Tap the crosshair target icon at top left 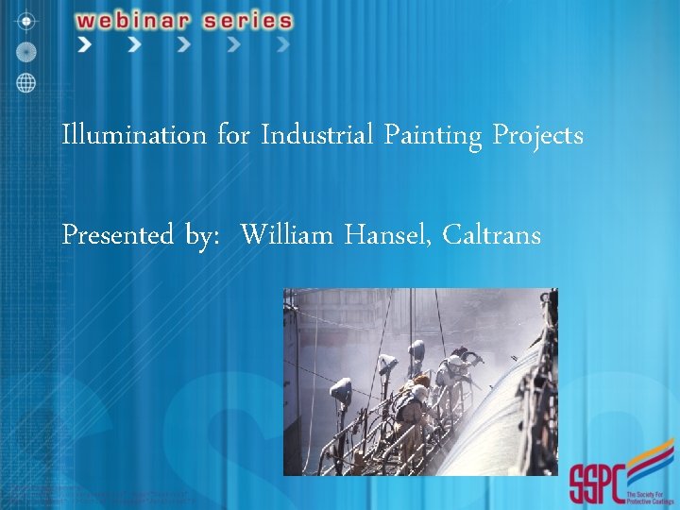25,20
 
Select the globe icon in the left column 25,82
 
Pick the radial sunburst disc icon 25,50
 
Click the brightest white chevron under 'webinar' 86,44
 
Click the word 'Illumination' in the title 133,136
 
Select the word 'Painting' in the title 433,137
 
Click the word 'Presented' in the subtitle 117,235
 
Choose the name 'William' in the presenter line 287,234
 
